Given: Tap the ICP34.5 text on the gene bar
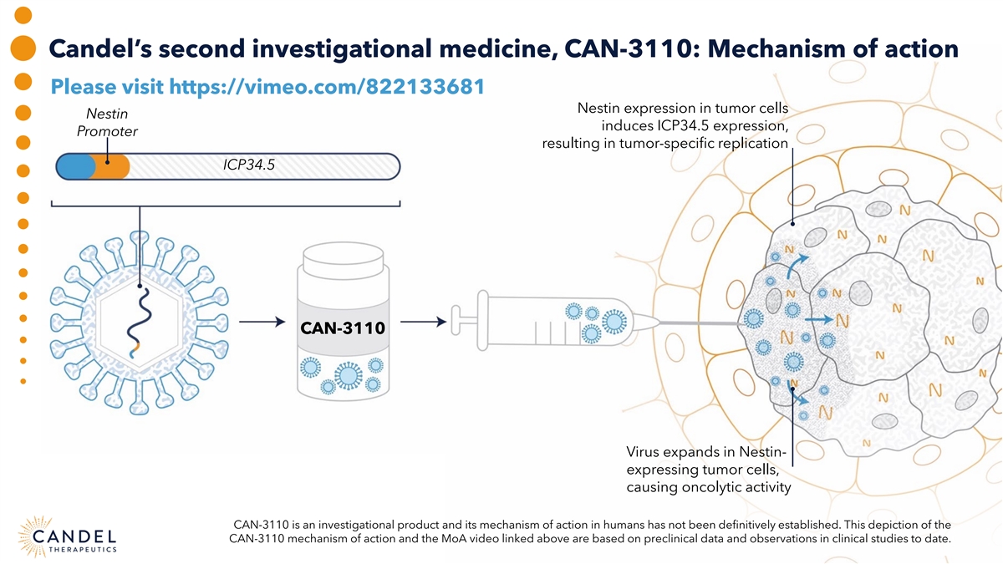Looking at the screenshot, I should click(x=249, y=165).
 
